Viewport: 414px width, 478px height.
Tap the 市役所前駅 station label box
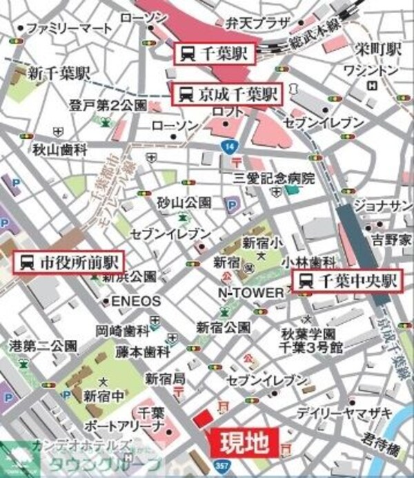pyautogui.click(x=69, y=262)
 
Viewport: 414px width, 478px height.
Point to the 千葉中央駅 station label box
pyautogui.click(x=348, y=281)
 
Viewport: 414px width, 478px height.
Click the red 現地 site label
pyautogui.click(x=244, y=443)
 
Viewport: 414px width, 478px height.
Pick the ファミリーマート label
pyautogui.click(x=68, y=28)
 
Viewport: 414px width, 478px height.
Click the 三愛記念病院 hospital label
pyautogui.click(x=273, y=178)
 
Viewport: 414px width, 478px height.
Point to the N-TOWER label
pyautogui.click(x=250, y=293)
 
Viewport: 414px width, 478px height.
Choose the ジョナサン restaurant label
pyautogui.click(x=383, y=204)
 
